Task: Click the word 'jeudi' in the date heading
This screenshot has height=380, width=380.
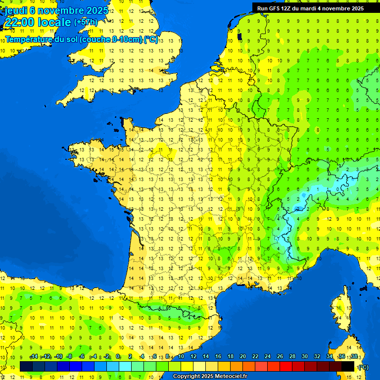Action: click(x=15, y=10)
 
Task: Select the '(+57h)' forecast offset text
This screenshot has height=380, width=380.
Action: click(x=85, y=22)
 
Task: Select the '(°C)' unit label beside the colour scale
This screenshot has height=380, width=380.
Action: click(x=363, y=367)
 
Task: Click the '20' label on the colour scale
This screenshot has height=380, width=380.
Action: click(x=242, y=356)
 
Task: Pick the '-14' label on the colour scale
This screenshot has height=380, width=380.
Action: click(x=34, y=356)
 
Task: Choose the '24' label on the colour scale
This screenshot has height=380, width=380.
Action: click(x=267, y=356)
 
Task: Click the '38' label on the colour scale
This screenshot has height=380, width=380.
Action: click(x=354, y=356)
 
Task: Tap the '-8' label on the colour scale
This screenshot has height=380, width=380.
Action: click(x=70, y=356)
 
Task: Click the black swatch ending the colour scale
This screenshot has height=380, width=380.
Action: click(x=348, y=366)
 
